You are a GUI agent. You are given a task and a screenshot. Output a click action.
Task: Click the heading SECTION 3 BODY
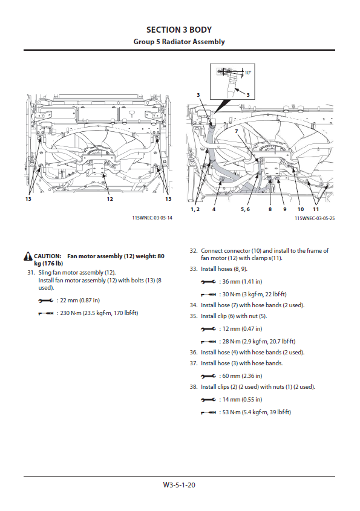(x=179, y=30)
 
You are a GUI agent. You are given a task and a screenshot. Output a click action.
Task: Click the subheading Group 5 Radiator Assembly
(x=179, y=42)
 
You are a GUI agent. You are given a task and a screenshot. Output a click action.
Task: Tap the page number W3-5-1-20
(x=179, y=485)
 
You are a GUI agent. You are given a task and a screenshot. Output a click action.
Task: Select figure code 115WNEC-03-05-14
(x=152, y=218)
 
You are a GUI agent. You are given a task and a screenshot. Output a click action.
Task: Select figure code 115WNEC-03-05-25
(x=315, y=218)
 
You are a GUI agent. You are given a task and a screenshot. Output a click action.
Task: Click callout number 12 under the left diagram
(x=110, y=199)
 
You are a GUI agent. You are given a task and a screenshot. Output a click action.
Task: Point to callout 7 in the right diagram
(x=237, y=131)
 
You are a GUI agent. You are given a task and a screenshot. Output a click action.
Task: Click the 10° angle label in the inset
(x=248, y=73)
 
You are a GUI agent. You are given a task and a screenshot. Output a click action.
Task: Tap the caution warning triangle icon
(x=28, y=256)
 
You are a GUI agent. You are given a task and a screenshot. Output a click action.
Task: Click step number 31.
(x=31, y=273)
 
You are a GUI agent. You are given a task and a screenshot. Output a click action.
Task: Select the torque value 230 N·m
(x=71, y=313)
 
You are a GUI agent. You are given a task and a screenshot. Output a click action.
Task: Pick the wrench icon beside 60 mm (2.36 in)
(x=208, y=376)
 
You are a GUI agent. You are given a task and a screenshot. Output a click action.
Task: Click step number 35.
(x=194, y=316)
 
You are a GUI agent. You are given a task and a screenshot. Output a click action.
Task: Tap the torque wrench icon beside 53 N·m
(x=208, y=412)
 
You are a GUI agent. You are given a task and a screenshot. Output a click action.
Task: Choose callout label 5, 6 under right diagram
(x=245, y=209)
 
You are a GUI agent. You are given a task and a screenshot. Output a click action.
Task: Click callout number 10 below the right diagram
(x=301, y=209)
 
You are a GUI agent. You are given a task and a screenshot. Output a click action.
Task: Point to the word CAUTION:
(x=48, y=256)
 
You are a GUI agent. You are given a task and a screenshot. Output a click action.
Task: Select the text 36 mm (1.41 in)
(x=242, y=282)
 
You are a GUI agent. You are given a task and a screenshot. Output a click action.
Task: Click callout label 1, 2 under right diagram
(x=195, y=209)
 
